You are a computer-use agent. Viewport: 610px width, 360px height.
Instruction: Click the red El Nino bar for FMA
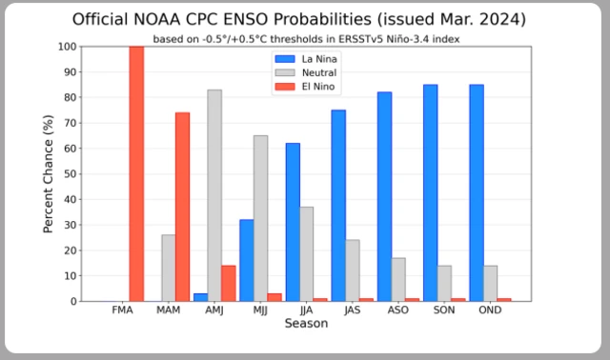[136, 173]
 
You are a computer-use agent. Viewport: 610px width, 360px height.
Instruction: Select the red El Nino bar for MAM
[182, 207]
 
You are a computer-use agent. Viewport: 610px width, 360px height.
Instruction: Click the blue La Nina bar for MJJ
[245, 260]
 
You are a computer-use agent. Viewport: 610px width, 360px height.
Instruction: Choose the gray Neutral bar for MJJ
[260, 218]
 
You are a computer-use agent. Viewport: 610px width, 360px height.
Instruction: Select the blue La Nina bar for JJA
[292, 222]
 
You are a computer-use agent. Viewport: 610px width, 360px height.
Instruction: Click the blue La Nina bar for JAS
[338, 206]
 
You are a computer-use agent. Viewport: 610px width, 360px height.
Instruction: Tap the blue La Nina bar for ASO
[384, 196]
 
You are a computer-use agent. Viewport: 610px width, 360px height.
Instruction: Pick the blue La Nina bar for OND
[476, 192]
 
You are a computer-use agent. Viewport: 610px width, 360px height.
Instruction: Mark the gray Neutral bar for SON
[444, 283]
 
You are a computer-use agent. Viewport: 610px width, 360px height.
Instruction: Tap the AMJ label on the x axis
[213, 310]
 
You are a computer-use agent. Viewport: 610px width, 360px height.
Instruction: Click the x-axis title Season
[306, 324]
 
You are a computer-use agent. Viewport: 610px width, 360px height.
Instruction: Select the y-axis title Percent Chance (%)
[49, 173]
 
